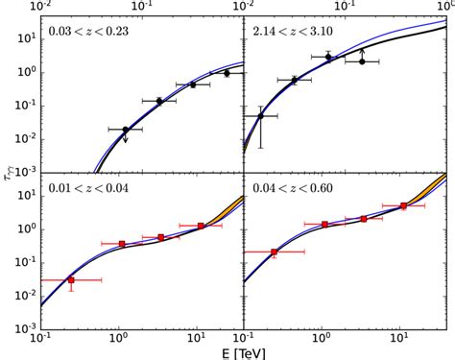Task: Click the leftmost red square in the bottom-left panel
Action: click(x=71, y=280)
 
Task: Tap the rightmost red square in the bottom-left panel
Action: click(x=202, y=226)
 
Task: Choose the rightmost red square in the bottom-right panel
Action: click(x=403, y=205)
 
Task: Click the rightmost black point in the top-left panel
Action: click(x=227, y=73)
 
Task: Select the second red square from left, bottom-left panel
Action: click(x=122, y=244)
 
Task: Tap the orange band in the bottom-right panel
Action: click(x=437, y=182)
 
